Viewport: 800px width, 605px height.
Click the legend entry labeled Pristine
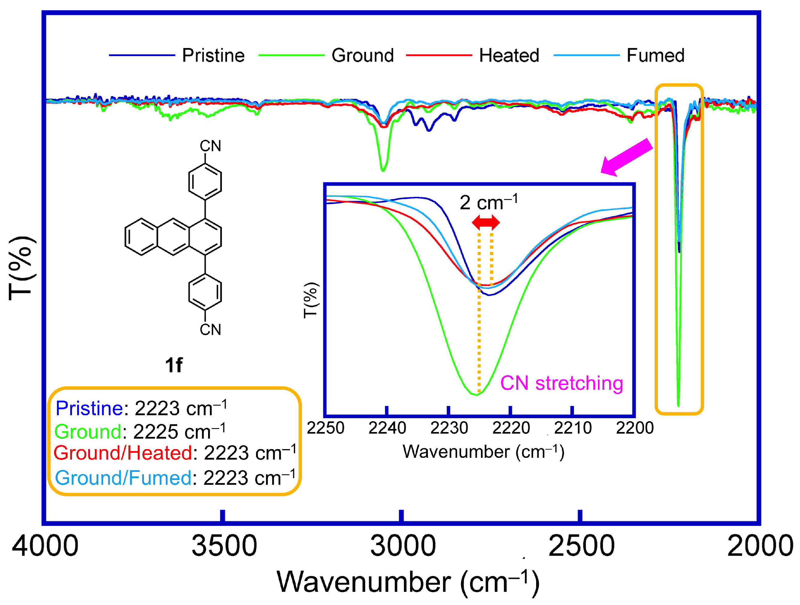213,55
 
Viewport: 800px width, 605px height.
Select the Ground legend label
363,55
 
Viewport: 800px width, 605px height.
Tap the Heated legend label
509,55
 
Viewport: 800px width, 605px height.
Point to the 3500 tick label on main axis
224,546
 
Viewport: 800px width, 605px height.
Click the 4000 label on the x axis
45,546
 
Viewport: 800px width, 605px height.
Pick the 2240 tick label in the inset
387,428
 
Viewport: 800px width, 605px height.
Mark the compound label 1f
174,365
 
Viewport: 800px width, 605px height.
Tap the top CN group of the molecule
210,146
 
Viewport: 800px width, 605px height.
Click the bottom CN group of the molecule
210,329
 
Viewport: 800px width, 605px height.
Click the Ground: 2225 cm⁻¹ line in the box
140,431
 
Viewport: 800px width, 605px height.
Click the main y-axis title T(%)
22,268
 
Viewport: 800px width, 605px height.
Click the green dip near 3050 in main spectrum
383,169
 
